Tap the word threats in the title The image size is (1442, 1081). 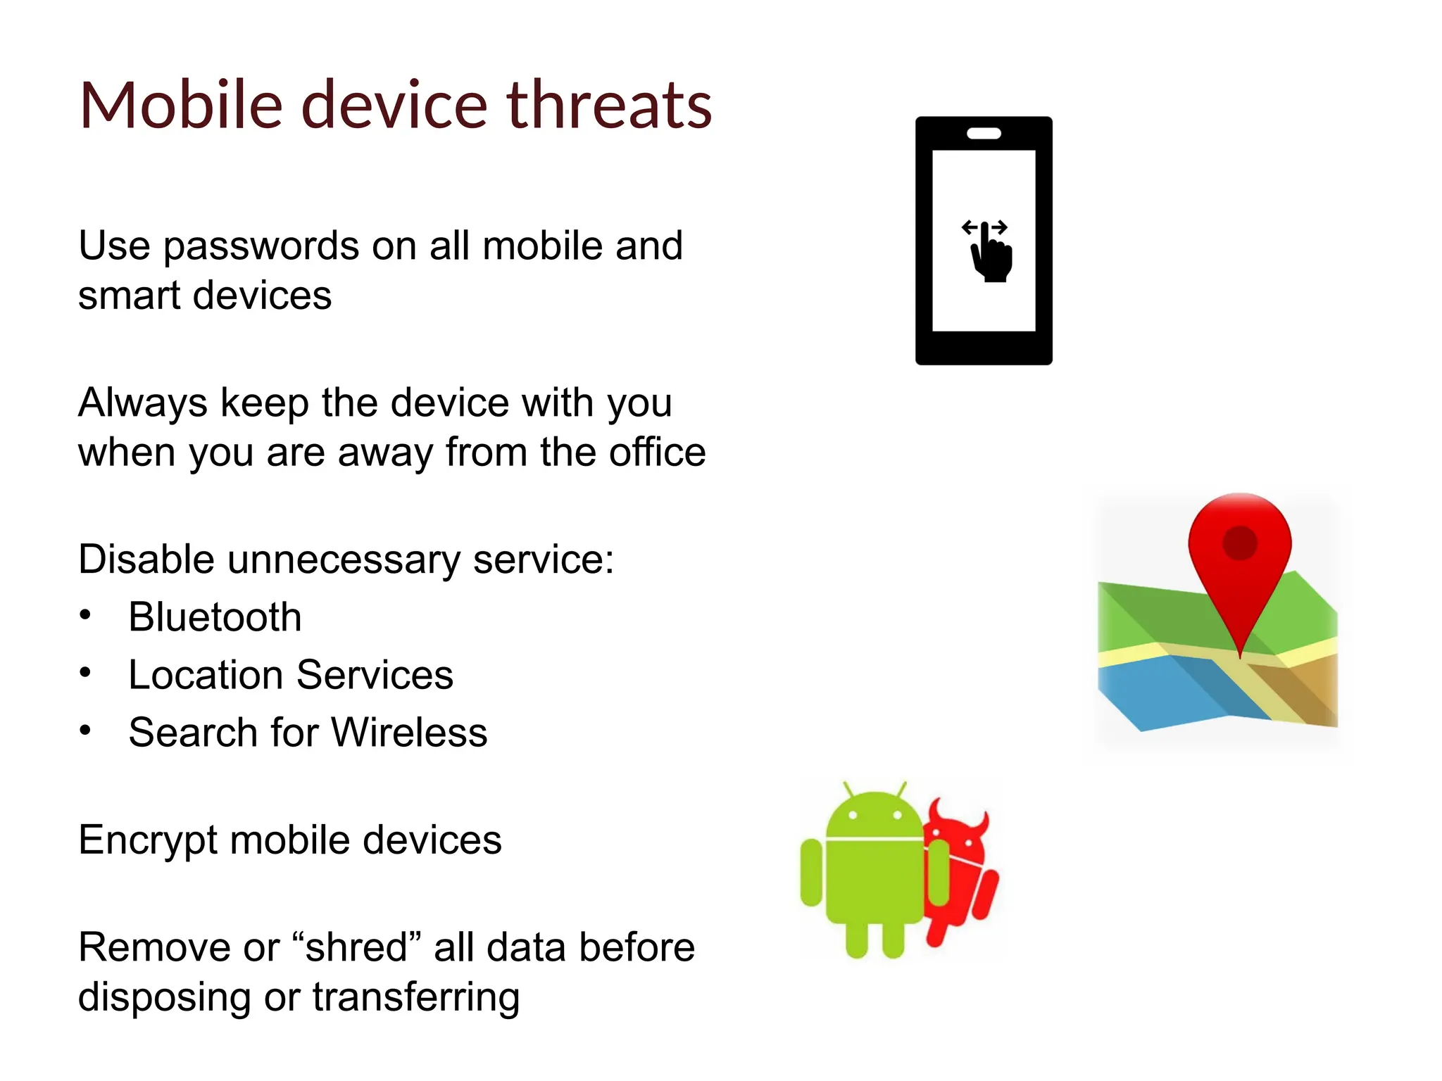pyautogui.click(x=609, y=106)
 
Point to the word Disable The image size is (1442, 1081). pyautogui.click(x=146, y=560)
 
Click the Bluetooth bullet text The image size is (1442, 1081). pyautogui.click(x=215, y=617)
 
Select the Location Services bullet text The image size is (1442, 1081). pyautogui.click(x=291, y=675)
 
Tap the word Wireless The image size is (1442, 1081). pyautogui.click(x=409, y=733)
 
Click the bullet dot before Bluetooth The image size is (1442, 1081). pyautogui.click(x=85, y=616)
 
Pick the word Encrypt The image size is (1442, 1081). pyautogui.click(x=148, y=841)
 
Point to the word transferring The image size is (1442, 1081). pyautogui.click(x=416, y=997)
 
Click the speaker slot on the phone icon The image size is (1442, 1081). pyautogui.click(x=984, y=134)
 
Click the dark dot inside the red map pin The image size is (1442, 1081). pyautogui.click(x=1240, y=543)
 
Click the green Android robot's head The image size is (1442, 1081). pyautogui.click(x=874, y=816)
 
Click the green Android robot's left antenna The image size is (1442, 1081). pyautogui.click(x=848, y=789)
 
